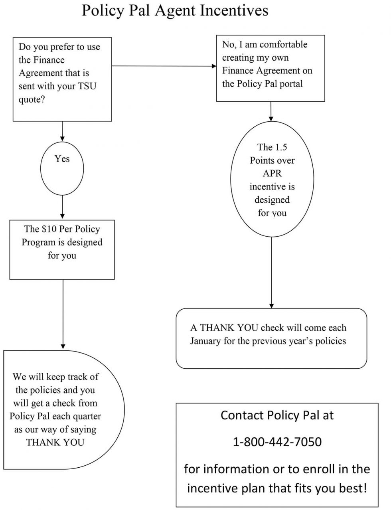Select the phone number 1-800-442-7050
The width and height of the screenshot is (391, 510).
pos(277,442)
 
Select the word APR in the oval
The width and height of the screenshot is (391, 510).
pos(272,174)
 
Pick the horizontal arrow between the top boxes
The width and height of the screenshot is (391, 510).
pos(164,66)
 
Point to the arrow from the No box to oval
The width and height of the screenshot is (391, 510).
pos(271,111)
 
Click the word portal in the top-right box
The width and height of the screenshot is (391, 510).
pos(290,84)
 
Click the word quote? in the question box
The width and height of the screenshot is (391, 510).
pos(32,99)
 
